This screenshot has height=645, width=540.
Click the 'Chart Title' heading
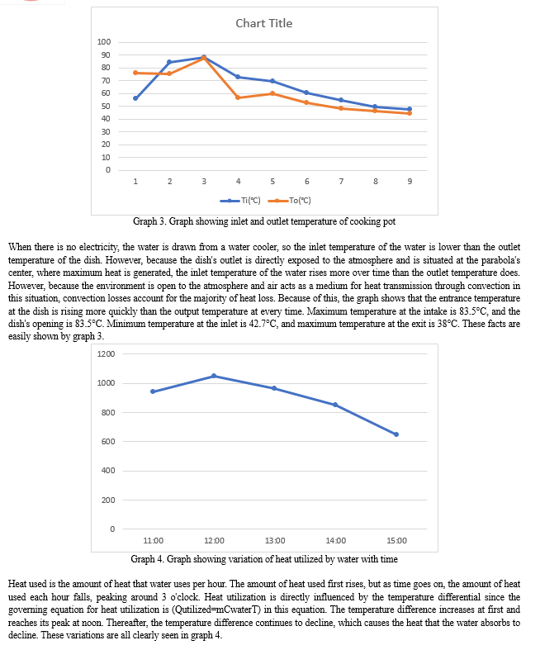[264, 23]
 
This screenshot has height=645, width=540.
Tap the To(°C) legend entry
[289, 201]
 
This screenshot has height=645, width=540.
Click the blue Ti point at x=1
[135, 98]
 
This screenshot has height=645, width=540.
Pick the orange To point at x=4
[238, 97]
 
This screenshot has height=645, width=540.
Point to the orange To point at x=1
[135, 73]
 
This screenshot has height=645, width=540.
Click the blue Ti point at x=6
[307, 92]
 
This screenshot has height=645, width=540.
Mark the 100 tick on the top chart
[104, 42]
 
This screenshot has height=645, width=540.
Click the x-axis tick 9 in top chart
[410, 182]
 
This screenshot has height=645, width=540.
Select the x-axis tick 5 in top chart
[272, 182]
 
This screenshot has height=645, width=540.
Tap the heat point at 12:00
[214, 376]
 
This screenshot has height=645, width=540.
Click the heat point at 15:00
[396, 434]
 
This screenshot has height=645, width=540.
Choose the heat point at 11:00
[153, 391]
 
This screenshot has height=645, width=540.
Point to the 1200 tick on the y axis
[107, 353]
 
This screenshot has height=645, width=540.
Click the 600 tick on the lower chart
[108, 441]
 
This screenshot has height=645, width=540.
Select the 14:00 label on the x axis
[335, 540]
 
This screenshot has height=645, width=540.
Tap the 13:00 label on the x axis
[275, 540]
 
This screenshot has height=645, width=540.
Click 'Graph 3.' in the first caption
[149, 221]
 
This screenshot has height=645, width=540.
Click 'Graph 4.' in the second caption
[148, 559]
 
